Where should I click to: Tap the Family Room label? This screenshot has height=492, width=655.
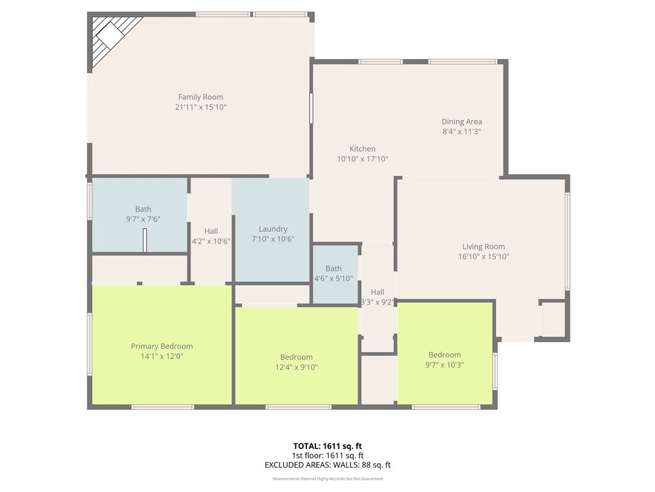click(200, 97)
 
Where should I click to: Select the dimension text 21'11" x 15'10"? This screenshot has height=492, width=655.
click(200, 108)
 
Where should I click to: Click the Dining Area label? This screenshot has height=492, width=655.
click(461, 122)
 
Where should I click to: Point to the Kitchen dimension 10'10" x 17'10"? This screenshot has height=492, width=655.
click(362, 159)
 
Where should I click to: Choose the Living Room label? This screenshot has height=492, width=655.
click(484, 247)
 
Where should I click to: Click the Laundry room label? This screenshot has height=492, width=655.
click(272, 229)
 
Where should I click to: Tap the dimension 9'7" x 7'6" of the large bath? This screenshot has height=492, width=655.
click(143, 219)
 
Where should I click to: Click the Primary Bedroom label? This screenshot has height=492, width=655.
click(162, 347)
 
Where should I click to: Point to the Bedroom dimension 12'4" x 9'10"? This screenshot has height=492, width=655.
click(296, 368)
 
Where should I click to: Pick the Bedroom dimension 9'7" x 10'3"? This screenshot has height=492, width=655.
click(445, 365)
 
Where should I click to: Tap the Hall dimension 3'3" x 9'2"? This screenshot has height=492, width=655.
click(377, 302)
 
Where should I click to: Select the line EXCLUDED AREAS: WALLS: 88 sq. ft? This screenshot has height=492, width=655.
click(327, 466)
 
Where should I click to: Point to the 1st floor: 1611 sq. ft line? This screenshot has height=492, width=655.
click(327, 455)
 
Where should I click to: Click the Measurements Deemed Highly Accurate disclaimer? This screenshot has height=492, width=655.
click(327, 479)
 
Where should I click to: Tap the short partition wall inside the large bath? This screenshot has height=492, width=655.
click(145, 241)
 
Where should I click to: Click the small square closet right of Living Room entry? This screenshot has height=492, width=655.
click(553, 319)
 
